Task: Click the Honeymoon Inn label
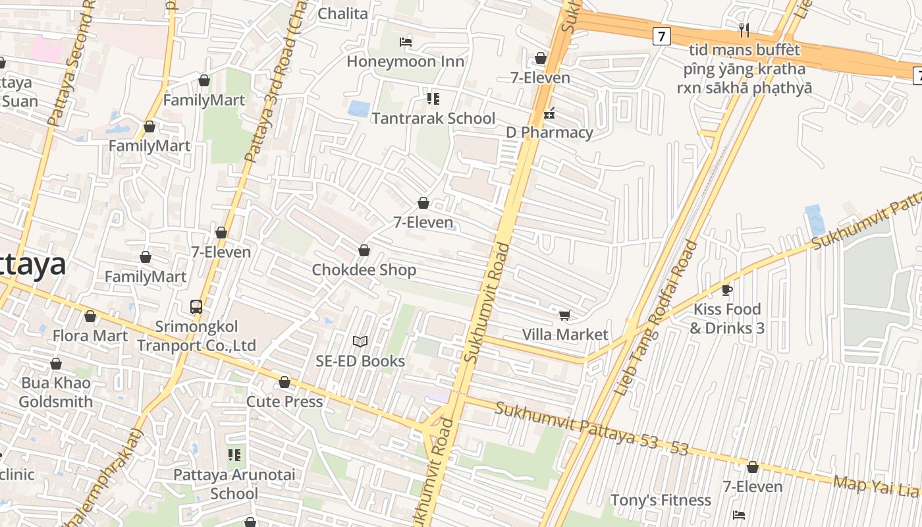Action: [405, 61]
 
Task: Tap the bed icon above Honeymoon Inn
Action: [406, 42]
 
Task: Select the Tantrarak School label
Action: [433, 119]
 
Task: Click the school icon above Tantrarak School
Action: [433, 99]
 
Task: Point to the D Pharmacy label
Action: [549, 132]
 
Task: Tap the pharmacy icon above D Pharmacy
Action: [549, 114]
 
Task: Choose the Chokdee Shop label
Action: [364, 270]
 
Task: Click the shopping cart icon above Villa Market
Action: [564, 316]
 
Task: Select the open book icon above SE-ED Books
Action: [360, 341]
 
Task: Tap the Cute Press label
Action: [285, 401]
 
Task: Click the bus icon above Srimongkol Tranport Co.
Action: [196, 306]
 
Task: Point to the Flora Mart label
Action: [90, 336]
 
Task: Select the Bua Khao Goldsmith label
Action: [56, 392]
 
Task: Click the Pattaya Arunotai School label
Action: [234, 484]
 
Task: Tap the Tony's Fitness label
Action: [661, 500]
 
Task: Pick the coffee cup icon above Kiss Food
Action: [727, 290]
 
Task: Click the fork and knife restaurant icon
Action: [744, 30]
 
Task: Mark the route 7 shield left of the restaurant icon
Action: [662, 36]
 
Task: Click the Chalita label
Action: [342, 13]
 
